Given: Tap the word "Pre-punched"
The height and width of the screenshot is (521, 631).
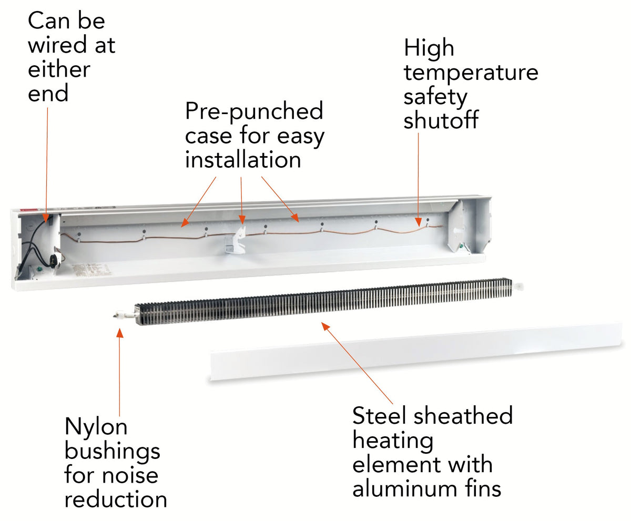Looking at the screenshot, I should (x=254, y=111).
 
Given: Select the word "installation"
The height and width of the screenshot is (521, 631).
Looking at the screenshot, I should (x=243, y=160).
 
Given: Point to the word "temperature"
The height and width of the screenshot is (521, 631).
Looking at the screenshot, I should (x=471, y=73).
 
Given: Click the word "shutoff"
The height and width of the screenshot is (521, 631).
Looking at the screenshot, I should (x=441, y=120).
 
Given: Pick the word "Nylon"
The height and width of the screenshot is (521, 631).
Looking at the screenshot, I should (x=96, y=427).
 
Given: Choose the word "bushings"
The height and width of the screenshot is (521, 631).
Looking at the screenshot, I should (x=112, y=451).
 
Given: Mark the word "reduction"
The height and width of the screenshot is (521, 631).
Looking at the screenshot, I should (x=116, y=499).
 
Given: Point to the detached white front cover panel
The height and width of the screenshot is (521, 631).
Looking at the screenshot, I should (x=415, y=351).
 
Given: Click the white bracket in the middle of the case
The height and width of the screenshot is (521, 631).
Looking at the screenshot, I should (x=232, y=241).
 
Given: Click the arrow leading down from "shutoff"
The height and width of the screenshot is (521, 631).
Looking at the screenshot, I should (x=419, y=179).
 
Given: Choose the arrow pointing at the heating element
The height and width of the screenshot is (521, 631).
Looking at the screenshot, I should (x=358, y=363).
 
